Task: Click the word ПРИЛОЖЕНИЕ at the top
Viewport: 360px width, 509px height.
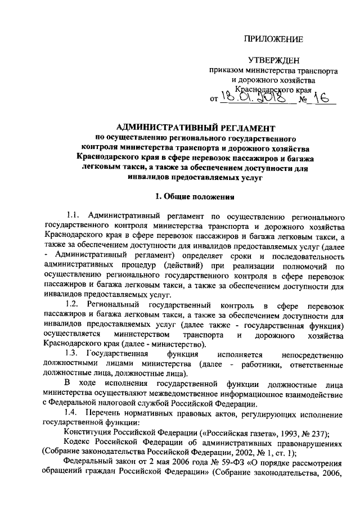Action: point(273,39)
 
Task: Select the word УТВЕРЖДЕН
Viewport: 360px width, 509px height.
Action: point(274,61)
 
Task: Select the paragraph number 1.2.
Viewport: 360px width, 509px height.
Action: point(73,304)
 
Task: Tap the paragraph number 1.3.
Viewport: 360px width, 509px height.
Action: point(73,353)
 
